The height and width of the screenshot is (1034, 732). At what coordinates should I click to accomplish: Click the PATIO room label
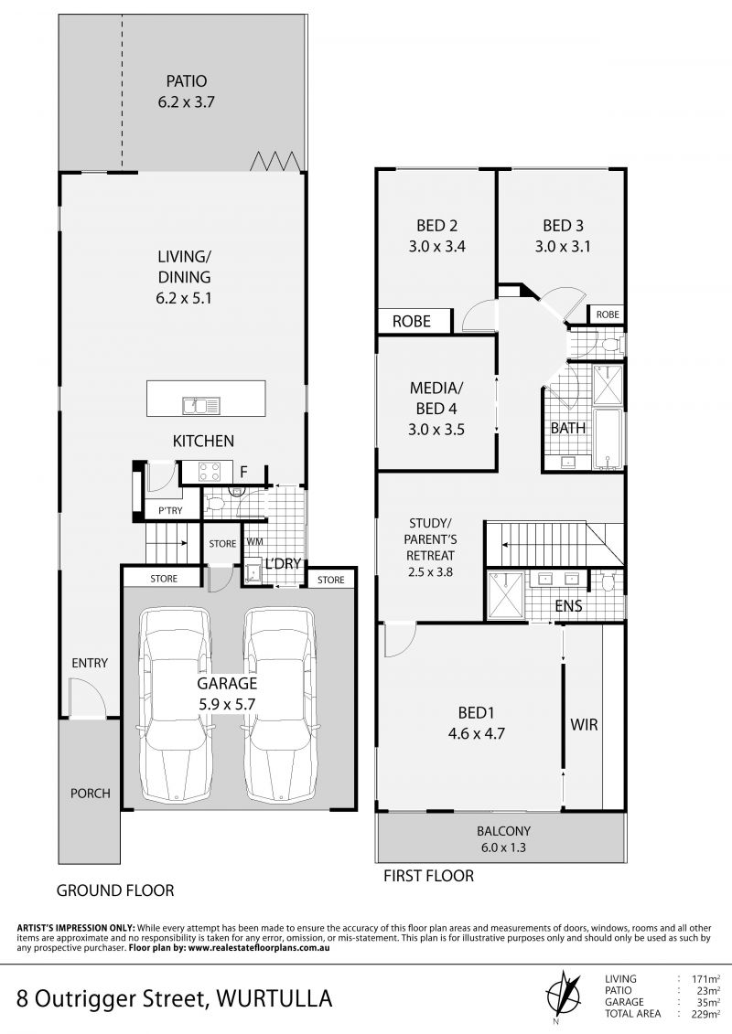pos(186,81)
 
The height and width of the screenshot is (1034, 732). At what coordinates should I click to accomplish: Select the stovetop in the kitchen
pos(210,470)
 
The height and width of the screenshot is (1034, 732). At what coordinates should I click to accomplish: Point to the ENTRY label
pos(90,663)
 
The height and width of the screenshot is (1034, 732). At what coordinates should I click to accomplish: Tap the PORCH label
pos(91,794)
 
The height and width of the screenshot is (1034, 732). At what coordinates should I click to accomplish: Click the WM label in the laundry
pos(254,542)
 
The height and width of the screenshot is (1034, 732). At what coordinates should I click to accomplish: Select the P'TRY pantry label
pos(170,510)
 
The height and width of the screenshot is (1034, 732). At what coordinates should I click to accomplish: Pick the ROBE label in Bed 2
pos(411,321)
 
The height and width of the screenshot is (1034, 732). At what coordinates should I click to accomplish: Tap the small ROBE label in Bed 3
pos(608,314)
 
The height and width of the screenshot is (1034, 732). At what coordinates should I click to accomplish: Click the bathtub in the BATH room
pos(608,439)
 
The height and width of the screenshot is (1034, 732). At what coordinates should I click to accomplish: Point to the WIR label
pos(584,725)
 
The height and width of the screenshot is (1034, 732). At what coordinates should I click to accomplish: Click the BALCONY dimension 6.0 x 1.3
pos(503,847)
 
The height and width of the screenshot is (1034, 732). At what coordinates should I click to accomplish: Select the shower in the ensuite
pos(506,595)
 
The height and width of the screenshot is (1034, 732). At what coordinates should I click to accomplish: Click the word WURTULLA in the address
pos(274,998)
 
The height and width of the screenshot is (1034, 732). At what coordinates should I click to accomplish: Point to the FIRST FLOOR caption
pos(429,876)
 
